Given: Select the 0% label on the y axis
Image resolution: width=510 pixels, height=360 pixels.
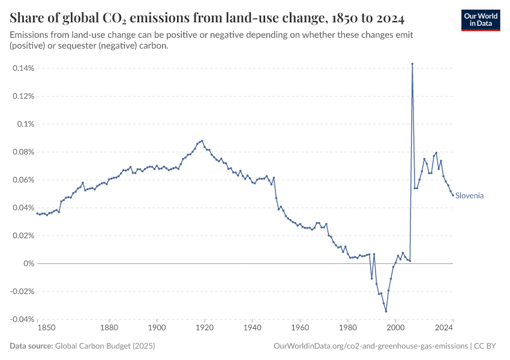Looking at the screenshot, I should pos(28,263).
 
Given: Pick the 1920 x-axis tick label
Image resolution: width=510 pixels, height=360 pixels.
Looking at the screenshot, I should pos(204,328).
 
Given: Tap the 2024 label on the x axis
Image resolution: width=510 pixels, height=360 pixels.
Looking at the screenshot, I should pos(444,328).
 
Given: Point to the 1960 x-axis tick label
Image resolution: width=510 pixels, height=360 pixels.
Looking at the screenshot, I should pos(299,328).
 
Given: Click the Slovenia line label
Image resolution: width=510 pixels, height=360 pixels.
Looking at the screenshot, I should pos(469,196).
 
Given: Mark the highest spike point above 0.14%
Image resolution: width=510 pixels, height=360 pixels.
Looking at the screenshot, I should pos(412,64).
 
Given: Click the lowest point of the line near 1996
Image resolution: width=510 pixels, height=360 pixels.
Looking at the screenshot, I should pos(386,311).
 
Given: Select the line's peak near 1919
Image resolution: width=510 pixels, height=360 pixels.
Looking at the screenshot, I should pos(202,140).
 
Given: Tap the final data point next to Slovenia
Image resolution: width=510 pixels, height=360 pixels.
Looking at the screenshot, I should pos(453,195).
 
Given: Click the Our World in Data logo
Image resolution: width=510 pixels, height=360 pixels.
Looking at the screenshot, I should pos(480,20).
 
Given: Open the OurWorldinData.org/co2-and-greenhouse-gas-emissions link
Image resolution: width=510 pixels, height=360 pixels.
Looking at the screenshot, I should pos(370,346).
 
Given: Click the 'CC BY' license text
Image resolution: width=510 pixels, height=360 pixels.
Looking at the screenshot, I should pos(487,346).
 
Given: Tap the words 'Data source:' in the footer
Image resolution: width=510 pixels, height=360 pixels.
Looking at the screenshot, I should pos(31,346).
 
